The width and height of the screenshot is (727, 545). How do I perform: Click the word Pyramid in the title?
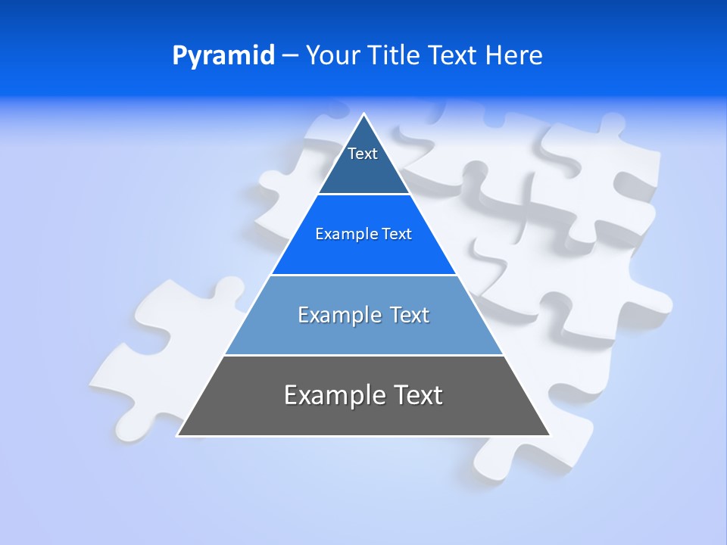click(223, 56)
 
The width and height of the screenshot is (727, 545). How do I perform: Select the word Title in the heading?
click(394, 55)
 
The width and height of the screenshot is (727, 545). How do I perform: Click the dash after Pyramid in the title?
click(290, 56)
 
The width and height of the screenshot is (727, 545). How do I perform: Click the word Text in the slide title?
click(453, 55)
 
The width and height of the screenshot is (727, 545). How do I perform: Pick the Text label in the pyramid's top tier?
click(363, 154)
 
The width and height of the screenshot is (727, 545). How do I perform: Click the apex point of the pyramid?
click(364, 114)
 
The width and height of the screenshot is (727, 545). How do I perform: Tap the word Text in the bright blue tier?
click(397, 234)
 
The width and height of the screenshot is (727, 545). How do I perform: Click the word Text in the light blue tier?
click(410, 315)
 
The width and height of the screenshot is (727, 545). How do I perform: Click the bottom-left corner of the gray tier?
click(178, 435)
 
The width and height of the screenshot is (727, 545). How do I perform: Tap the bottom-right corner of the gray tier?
click(550, 435)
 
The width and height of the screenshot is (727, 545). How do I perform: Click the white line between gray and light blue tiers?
click(363, 355)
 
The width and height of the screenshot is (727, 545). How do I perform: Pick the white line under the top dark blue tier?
click(363, 194)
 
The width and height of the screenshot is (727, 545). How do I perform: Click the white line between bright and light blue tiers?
click(363, 275)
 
